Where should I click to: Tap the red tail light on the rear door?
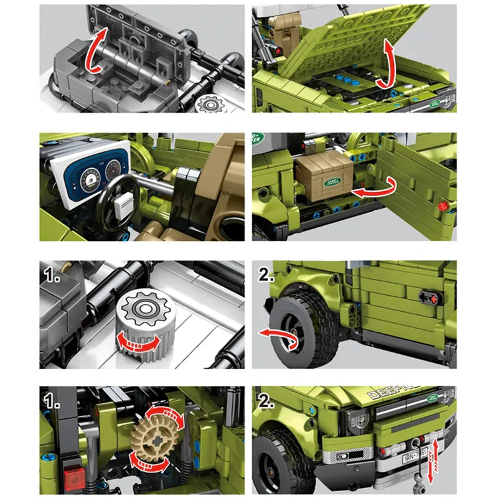click(443, 205)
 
